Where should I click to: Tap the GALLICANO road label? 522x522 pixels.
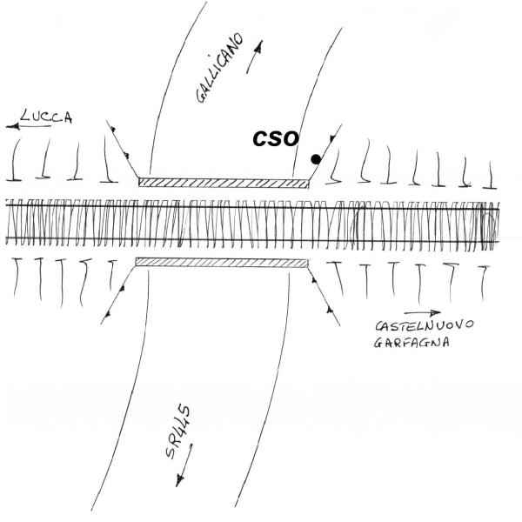tap(220, 68)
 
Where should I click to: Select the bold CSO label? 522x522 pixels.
tap(276, 138)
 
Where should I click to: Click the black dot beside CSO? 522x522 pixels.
tap(316, 159)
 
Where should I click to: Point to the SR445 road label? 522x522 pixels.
tap(178, 432)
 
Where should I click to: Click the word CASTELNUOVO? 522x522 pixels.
tap(425, 325)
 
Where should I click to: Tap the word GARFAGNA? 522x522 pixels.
tap(412, 343)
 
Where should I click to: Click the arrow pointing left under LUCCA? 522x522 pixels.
tap(29, 126)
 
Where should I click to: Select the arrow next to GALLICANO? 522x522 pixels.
tap(255, 57)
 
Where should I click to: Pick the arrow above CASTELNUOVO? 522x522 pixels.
tap(423, 313)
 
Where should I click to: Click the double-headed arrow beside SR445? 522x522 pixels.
tap(184, 465)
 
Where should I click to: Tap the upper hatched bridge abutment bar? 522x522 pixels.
tap(224, 183)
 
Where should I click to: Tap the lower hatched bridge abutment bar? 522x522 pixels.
tap(222, 262)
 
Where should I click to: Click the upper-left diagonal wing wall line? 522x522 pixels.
tap(122, 149)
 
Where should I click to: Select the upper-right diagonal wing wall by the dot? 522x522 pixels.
tap(326, 151)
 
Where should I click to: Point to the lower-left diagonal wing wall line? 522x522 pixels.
tap(117, 295)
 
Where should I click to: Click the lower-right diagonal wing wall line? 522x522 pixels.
tap(324, 297)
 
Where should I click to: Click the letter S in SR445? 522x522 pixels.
tap(171, 452)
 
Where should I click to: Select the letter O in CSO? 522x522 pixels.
tap(291, 139)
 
